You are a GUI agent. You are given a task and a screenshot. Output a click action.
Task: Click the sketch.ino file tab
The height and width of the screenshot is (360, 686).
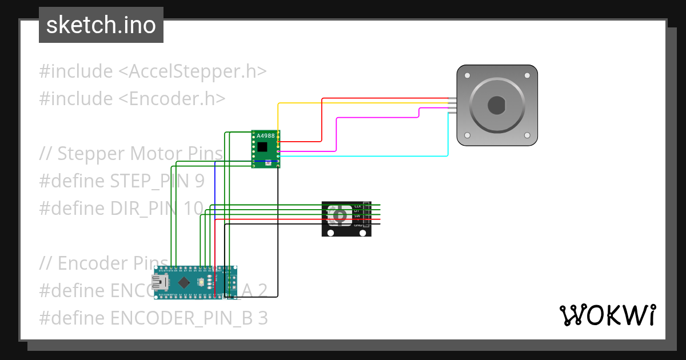click(101, 25)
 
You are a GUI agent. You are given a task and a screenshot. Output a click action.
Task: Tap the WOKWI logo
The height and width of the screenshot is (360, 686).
click(607, 315)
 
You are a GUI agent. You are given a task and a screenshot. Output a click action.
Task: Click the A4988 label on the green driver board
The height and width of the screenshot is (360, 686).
click(265, 136)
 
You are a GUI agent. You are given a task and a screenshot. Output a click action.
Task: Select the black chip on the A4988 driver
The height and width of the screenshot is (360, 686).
click(262, 147)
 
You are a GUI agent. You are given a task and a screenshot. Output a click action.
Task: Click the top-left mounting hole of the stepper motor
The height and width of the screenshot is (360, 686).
click(468, 75)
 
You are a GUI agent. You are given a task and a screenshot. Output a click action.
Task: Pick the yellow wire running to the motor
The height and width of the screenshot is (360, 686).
click(360, 103)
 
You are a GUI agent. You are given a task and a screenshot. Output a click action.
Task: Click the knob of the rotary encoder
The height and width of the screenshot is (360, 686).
click(340, 215)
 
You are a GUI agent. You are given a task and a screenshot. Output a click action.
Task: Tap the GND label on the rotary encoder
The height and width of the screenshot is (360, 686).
click(358, 225)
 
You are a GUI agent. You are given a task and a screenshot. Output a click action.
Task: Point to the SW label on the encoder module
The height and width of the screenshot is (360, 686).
click(358, 215)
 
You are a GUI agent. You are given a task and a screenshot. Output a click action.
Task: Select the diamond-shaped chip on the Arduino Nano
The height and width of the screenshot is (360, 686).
click(184, 282)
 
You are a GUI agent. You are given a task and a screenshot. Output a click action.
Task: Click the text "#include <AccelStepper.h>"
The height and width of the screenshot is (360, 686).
click(153, 71)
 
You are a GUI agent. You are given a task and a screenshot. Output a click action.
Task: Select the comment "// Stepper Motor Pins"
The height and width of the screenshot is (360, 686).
click(131, 154)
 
